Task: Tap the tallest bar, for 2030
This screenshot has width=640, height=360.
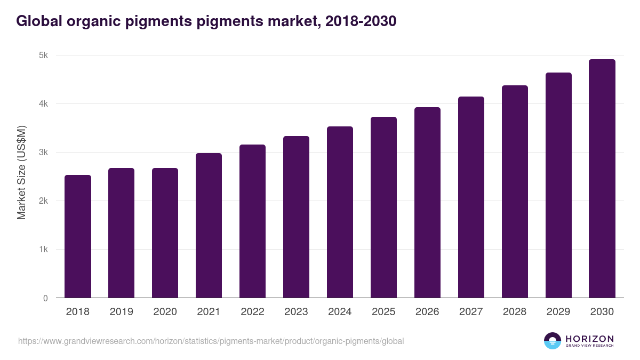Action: [x=602, y=178]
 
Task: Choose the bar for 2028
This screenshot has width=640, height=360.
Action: [x=515, y=191]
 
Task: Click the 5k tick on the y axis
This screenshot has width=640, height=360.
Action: [x=43, y=55]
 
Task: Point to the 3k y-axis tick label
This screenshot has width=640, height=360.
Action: [x=43, y=153]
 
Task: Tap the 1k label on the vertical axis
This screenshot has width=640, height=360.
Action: [x=43, y=250]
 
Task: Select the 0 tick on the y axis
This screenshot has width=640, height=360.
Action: [x=45, y=298]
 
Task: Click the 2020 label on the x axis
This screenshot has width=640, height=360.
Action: [x=165, y=312]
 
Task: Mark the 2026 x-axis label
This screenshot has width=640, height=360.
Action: [x=427, y=312]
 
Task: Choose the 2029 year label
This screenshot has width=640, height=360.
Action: [x=558, y=312]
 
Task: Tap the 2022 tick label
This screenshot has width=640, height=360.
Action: [x=252, y=312]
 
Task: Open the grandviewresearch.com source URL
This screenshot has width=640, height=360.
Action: [x=211, y=341]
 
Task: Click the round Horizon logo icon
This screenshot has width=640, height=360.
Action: [x=553, y=341]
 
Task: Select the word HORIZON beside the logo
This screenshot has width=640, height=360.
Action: [x=590, y=338]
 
